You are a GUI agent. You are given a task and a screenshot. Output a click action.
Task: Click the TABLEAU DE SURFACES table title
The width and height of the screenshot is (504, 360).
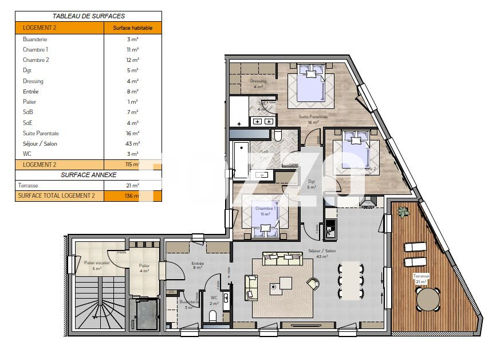[88, 17]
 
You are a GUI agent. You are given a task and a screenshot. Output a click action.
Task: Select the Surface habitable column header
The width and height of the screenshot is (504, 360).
[132, 28]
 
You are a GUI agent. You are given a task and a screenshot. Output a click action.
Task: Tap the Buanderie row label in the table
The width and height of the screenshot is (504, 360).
[35, 40]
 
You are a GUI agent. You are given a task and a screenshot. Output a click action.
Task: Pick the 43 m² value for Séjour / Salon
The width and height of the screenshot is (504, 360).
[132, 143]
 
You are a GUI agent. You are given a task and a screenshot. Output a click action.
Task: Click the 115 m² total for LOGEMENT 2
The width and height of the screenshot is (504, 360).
[132, 165]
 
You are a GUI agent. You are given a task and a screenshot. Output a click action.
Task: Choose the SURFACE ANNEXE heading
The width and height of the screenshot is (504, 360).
[88, 175]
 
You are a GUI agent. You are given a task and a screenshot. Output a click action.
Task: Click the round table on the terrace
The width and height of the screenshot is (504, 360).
[428, 299]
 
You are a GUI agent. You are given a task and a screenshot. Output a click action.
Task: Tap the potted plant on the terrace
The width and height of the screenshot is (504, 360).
[404, 212]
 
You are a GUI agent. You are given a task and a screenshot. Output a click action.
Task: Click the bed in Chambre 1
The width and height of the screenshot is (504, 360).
[264, 215]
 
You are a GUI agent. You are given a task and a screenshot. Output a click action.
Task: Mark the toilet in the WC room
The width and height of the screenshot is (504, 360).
[212, 315]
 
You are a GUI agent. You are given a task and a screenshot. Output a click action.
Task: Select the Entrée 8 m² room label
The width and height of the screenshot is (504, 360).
[198, 265]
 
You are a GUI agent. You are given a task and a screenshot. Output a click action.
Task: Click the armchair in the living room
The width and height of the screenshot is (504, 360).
[313, 283]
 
